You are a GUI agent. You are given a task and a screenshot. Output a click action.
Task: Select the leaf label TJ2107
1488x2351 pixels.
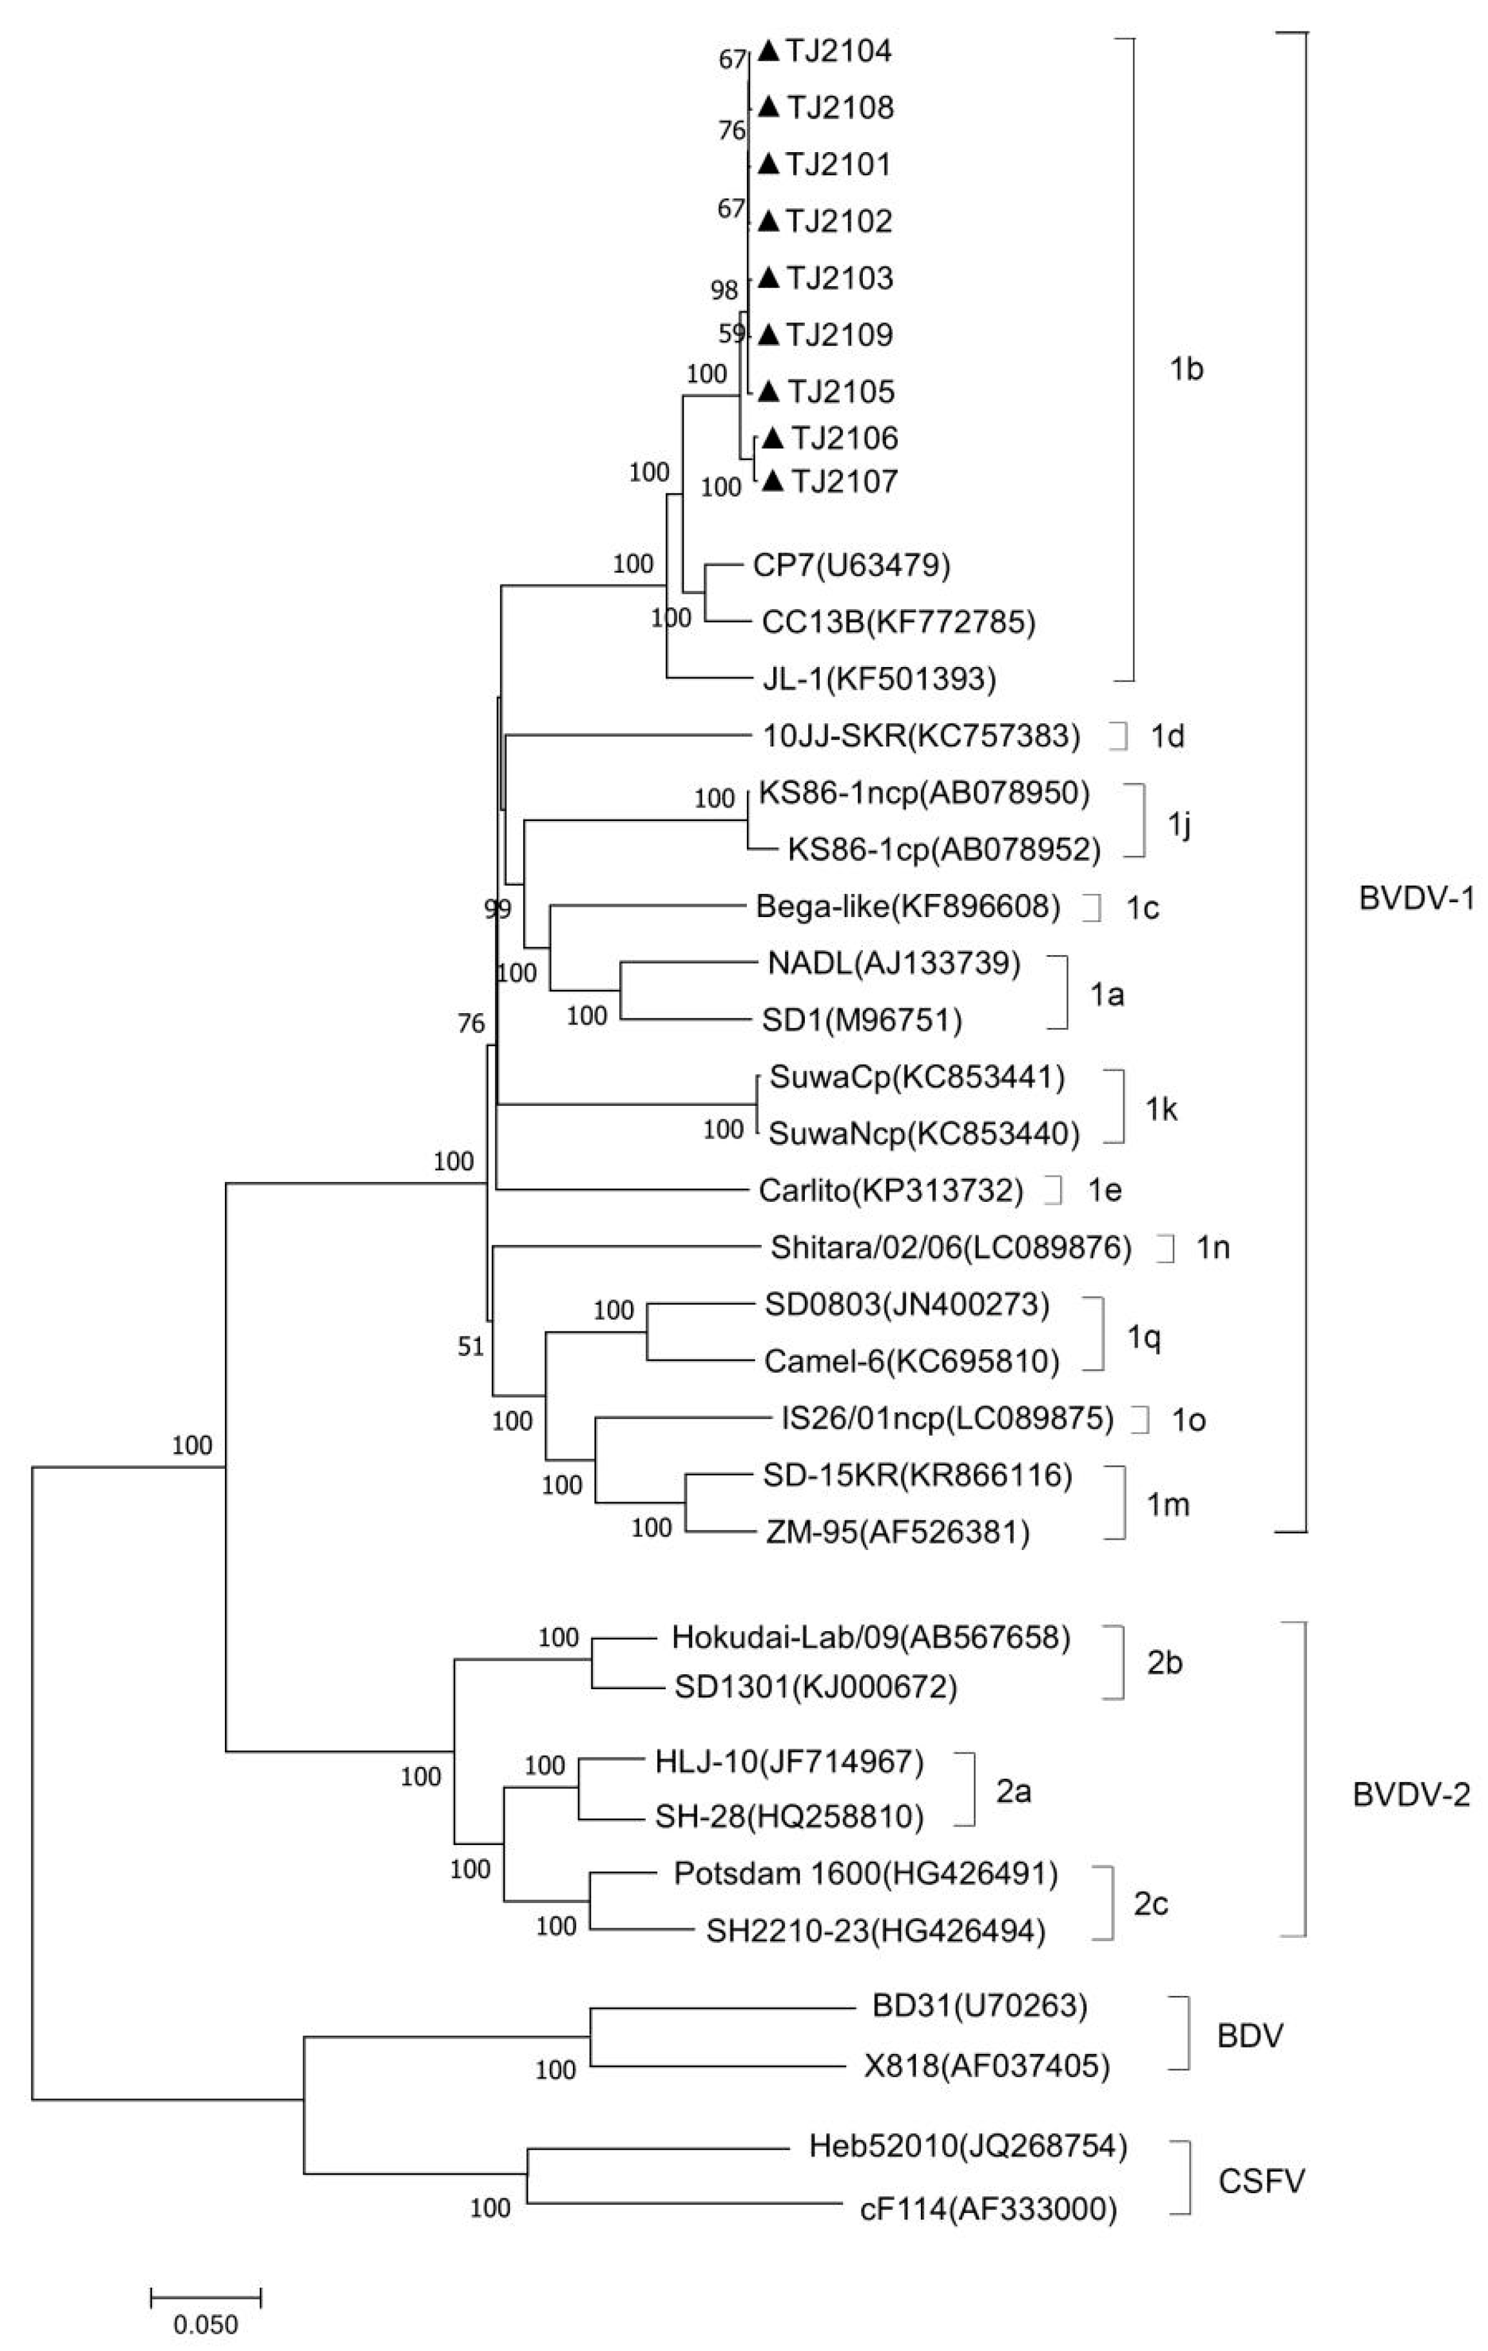pos(844,481)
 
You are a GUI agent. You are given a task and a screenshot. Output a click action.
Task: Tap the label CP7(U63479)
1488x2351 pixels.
pos(851,565)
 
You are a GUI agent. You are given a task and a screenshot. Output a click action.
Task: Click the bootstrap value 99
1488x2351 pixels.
pos(498,910)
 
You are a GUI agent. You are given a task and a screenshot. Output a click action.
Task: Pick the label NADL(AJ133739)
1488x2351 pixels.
pos(893,963)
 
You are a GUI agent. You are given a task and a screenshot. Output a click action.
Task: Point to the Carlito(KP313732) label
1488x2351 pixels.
pos(891,1190)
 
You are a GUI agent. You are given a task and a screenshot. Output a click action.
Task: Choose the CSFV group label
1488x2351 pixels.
pos(1261,2180)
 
